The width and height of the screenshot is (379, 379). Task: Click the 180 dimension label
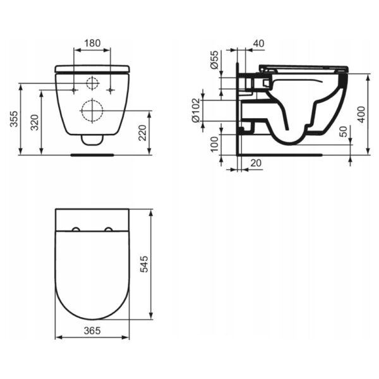pyautogui.click(x=92, y=43)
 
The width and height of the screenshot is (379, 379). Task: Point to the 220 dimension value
pyautogui.click(x=143, y=132)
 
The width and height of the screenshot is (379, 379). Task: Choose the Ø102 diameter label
pyautogui.click(x=196, y=110)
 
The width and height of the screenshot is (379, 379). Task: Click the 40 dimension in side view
pyautogui.click(x=258, y=43)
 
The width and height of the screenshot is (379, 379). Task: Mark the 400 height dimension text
pyautogui.click(x=361, y=114)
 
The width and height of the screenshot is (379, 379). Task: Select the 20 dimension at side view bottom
pyautogui.click(x=256, y=162)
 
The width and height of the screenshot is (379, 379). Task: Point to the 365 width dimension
pyautogui.click(x=92, y=330)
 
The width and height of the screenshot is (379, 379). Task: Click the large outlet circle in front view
pyautogui.click(x=92, y=111)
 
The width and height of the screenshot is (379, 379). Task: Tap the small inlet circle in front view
pyautogui.click(x=92, y=83)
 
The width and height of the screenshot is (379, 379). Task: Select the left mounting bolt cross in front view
pyautogui.click(x=74, y=90)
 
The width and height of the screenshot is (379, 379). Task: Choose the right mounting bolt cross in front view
pyautogui.click(x=111, y=90)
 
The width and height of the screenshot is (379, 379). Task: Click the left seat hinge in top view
pyautogui.click(x=76, y=230)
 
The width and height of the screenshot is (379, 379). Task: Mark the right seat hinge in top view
pyautogui.click(x=109, y=230)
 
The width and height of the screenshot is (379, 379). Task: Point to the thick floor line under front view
pyautogui.click(x=92, y=153)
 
